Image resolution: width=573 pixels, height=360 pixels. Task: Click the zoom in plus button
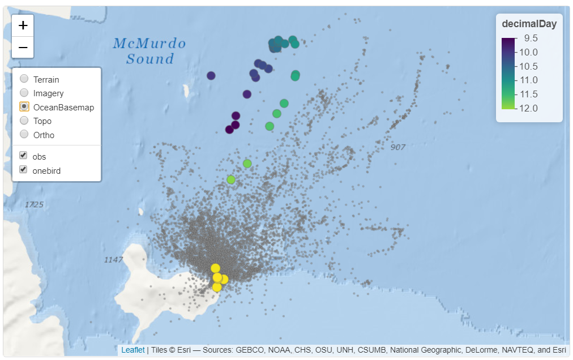click(x=23, y=25)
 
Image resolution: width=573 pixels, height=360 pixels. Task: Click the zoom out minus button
click(x=23, y=48)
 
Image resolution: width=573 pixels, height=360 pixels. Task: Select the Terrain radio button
click(x=24, y=79)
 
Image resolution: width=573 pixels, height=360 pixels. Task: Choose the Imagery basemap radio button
click(x=24, y=93)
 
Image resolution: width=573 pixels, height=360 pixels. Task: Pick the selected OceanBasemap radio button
click(x=24, y=107)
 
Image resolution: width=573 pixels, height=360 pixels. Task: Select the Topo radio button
click(x=24, y=121)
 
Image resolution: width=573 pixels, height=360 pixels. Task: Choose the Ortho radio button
click(x=24, y=135)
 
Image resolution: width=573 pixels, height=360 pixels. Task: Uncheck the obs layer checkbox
click(x=23, y=156)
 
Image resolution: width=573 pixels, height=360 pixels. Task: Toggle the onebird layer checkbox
click(x=23, y=170)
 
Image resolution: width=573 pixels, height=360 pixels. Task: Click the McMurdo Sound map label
click(x=149, y=50)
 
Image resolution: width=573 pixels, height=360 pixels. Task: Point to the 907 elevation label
click(x=398, y=147)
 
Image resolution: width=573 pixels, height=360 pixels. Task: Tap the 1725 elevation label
click(x=35, y=204)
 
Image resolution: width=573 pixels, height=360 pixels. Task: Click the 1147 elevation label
click(x=114, y=259)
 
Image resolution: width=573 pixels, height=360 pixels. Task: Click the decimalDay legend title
click(x=529, y=24)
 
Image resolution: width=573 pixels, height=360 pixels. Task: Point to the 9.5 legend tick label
click(x=531, y=38)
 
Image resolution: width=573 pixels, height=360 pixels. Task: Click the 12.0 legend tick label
click(x=531, y=108)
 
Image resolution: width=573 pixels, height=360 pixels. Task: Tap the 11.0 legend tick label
click(x=531, y=80)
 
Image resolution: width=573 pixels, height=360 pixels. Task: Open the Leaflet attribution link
click(x=132, y=350)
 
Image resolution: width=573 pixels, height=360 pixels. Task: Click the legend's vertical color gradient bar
click(x=508, y=74)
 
